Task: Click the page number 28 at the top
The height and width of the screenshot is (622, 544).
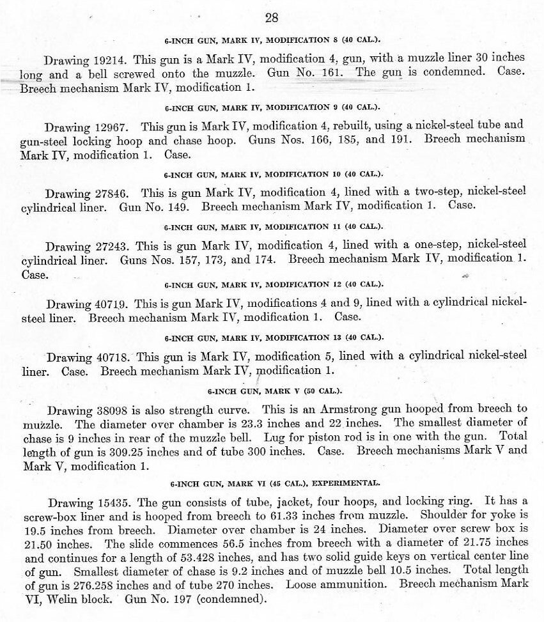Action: click(271, 17)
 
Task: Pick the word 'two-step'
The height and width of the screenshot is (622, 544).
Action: click(430, 192)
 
